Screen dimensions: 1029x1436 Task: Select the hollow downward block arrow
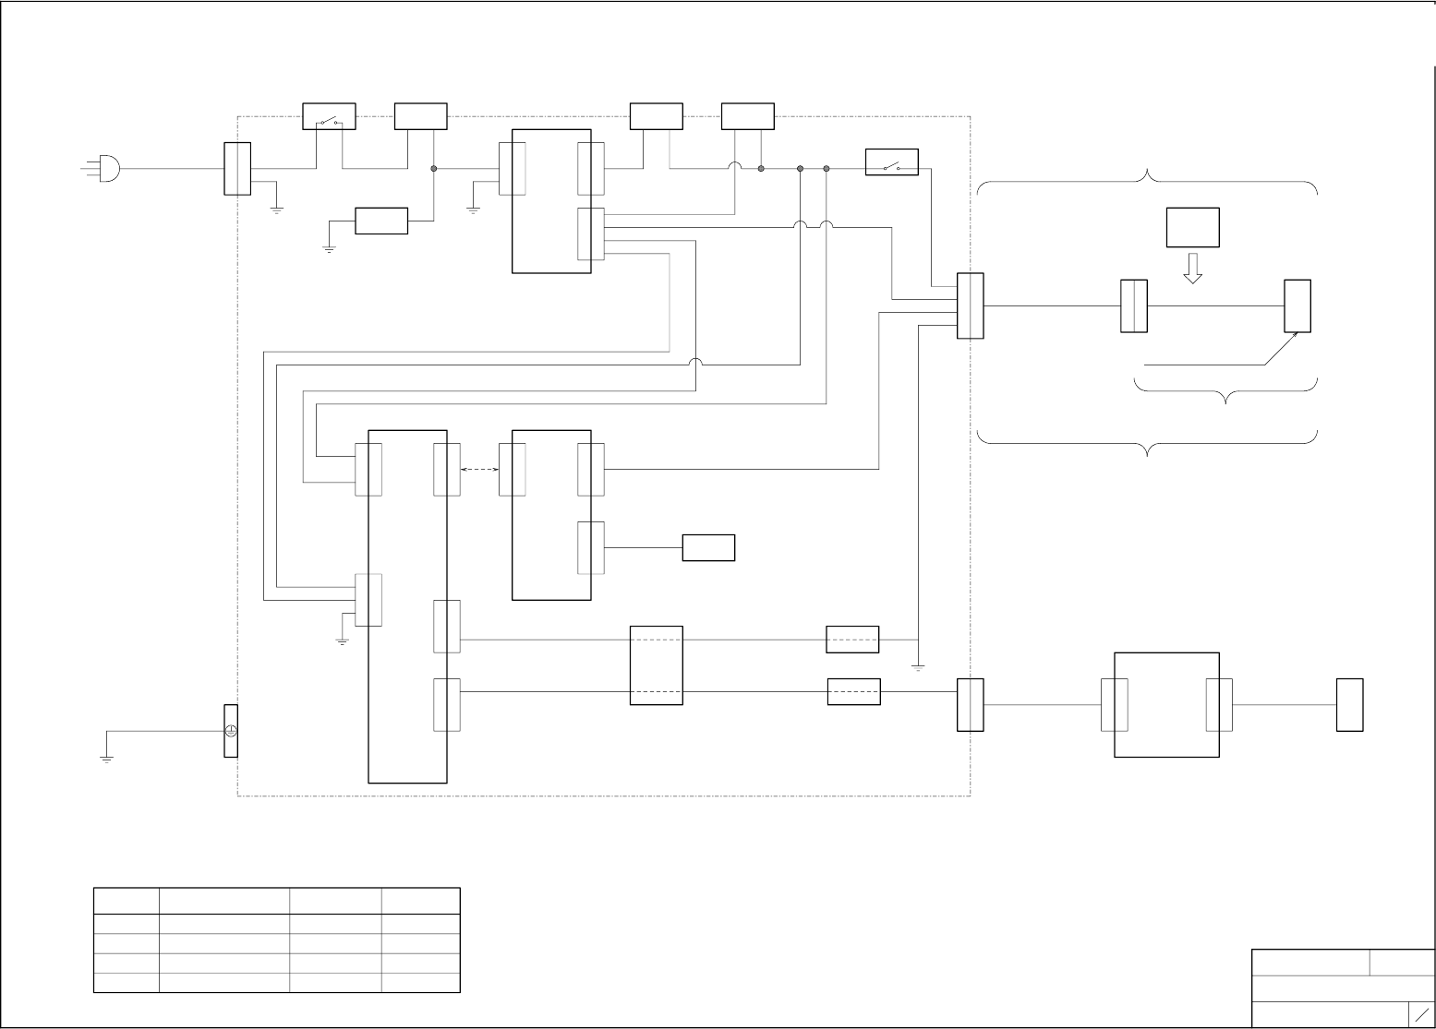(1192, 268)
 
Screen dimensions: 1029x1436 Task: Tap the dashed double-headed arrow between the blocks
(479, 470)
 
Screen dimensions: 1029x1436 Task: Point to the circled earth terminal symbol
(231, 731)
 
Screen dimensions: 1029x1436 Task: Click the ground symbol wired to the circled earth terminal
(106, 760)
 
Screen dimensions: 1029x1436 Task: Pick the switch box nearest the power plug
(330, 116)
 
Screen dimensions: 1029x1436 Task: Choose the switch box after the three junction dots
(891, 162)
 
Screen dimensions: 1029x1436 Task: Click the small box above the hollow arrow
(1192, 227)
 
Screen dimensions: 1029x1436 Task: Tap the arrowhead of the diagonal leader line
(1296, 335)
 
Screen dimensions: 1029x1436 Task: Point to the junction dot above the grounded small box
(434, 169)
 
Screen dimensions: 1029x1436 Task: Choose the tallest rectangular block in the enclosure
(407, 605)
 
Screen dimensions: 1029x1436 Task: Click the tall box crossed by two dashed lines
(656, 665)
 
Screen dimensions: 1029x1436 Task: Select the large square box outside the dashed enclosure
(1166, 705)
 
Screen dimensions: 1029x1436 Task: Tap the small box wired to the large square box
(1349, 705)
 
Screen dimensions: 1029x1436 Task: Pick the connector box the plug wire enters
(237, 169)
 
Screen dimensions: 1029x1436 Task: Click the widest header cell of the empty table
(223, 901)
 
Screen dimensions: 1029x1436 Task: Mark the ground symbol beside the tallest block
(342, 640)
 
